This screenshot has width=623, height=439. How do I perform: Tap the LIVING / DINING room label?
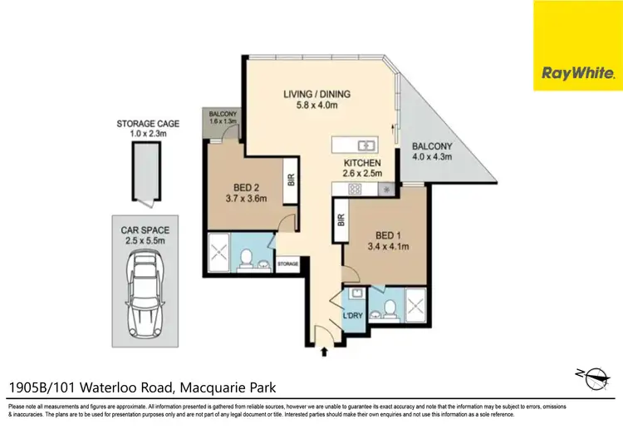pos(311,98)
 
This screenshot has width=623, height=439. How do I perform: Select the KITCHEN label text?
pos(362,168)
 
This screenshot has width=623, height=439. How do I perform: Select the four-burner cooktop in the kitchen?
pos(355,190)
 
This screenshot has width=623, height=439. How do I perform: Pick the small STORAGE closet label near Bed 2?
pos(287,263)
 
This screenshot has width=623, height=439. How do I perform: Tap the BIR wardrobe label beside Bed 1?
pos(341,220)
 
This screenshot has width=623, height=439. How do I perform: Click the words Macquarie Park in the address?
pos(225,387)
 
